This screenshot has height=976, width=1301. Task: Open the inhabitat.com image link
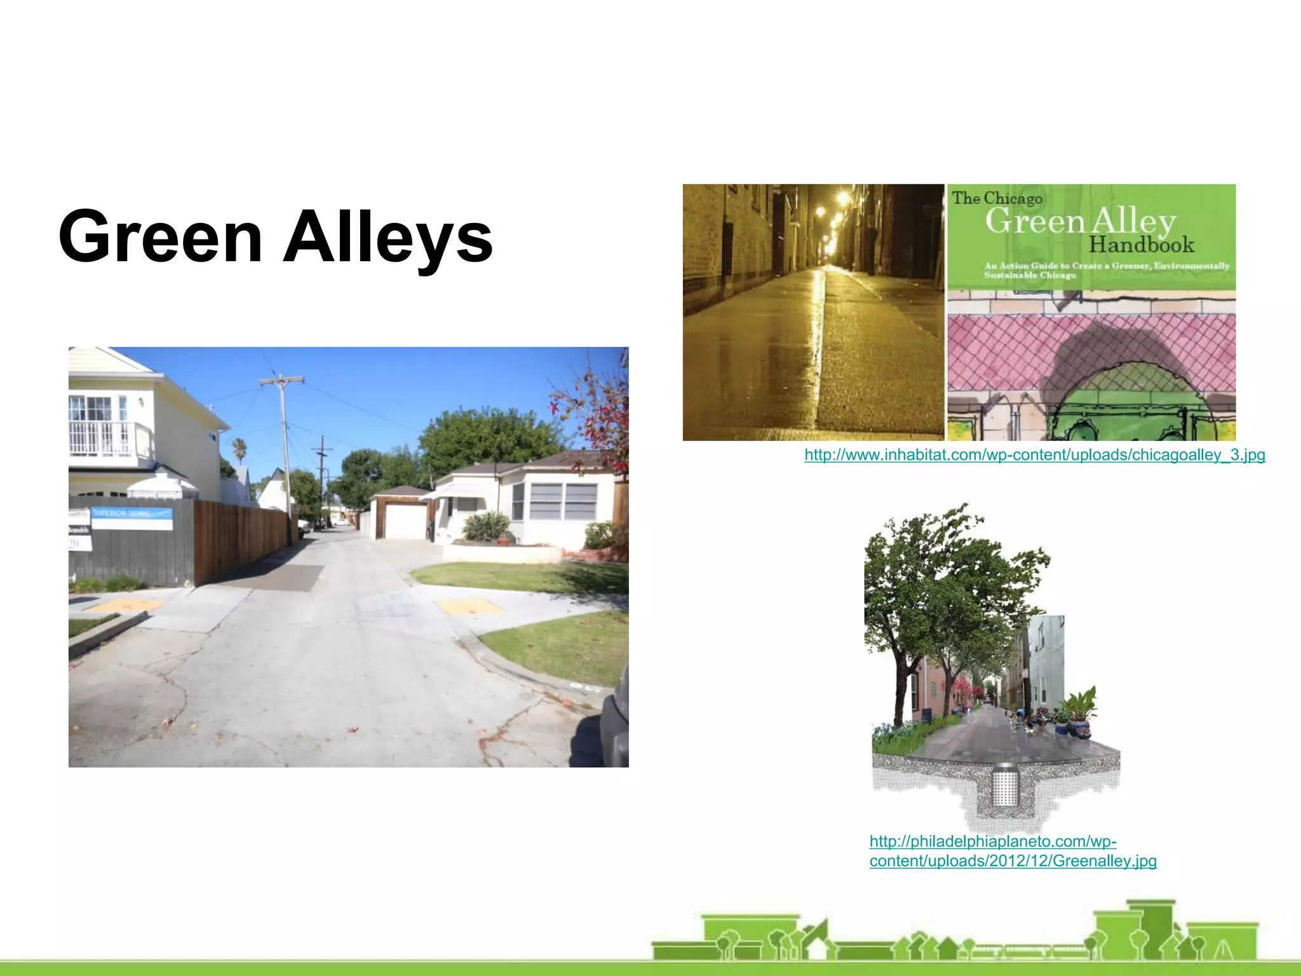tap(1034, 455)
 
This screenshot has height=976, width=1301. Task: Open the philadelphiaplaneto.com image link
tap(1013, 851)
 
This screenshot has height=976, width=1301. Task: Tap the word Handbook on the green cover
tap(1142, 245)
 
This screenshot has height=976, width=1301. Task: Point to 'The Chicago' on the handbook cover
tap(997, 198)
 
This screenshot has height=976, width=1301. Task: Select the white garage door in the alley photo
tap(401, 522)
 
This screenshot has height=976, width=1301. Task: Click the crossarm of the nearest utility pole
tap(281, 381)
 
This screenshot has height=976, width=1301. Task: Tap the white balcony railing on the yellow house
tap(108, 439)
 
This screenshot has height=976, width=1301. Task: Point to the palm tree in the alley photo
tap(239, 448)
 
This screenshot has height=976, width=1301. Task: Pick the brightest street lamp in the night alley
tap(843, 199)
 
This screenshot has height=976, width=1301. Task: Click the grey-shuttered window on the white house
tap(562, 501)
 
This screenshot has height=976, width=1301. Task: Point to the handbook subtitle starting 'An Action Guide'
tap(1106, 270)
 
